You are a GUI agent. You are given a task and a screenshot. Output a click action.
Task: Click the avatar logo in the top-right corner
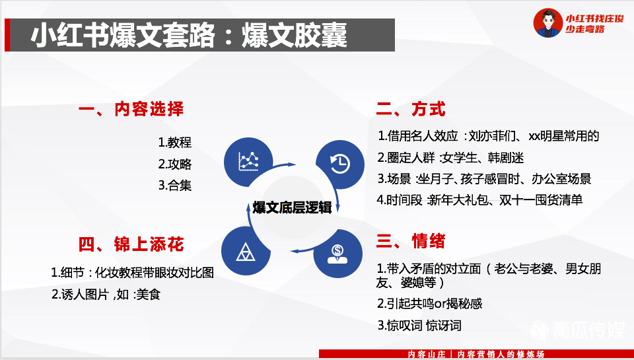click(548, 23)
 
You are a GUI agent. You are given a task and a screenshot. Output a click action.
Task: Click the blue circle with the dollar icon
click(337, 253)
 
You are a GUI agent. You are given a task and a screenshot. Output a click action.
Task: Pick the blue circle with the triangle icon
click(246, 251)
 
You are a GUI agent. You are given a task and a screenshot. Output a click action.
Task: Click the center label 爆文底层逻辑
click(292, 207)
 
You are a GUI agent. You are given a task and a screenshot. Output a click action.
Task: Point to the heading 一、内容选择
click(131, 109)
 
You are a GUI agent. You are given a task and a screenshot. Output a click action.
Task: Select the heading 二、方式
click(411, 109)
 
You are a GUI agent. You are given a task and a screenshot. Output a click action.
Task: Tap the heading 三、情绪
click(411, 242)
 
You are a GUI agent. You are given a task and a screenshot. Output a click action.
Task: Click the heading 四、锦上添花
click(131, 244)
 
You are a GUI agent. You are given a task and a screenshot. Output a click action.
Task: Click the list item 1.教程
click(174, 143)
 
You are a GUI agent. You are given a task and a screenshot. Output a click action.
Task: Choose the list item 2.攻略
click(174, 164)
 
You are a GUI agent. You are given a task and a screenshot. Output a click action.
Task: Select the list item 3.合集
click(174, 186)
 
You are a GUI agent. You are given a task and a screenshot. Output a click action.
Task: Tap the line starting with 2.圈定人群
click(451, 157)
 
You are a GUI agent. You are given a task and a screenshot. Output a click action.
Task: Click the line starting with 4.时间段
click(480, 200)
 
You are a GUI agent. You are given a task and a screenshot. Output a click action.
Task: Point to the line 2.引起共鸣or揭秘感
click(430, 303)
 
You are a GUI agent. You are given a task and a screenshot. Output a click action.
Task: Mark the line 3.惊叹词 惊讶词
click(419, 325)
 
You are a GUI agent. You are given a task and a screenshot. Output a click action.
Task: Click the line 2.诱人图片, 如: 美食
click(106, 295)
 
